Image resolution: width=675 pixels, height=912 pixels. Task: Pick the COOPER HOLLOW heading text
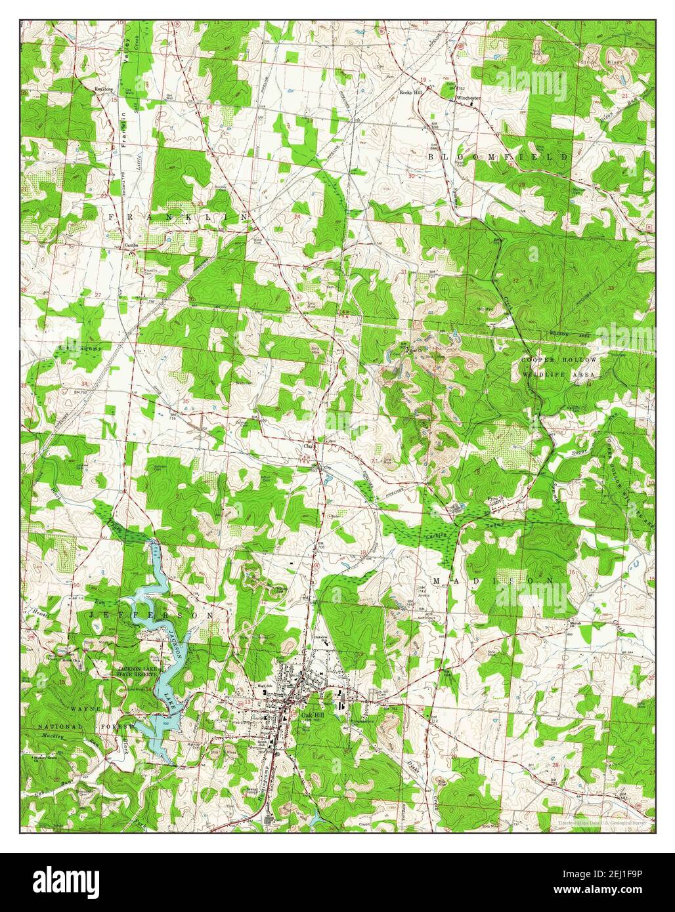click(x=559, y=361)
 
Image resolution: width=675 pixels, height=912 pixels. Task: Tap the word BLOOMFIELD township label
click(x=498, y=157)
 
